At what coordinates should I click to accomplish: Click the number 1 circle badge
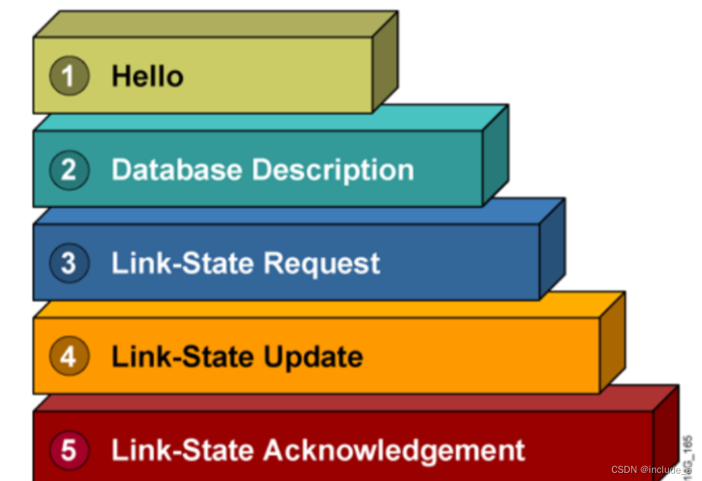point(69,76)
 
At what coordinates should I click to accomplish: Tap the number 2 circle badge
point(69,169)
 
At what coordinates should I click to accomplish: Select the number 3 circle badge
point(69,263)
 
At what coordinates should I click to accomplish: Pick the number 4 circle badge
point(69,356)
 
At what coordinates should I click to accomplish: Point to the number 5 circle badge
point(69,450)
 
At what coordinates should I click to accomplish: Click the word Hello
point(147,76)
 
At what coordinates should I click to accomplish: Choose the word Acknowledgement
point(394,451)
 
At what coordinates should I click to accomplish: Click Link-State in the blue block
point(183,263)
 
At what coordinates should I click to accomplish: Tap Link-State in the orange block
point(183,356)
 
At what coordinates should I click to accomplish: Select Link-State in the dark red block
point(183,450)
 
